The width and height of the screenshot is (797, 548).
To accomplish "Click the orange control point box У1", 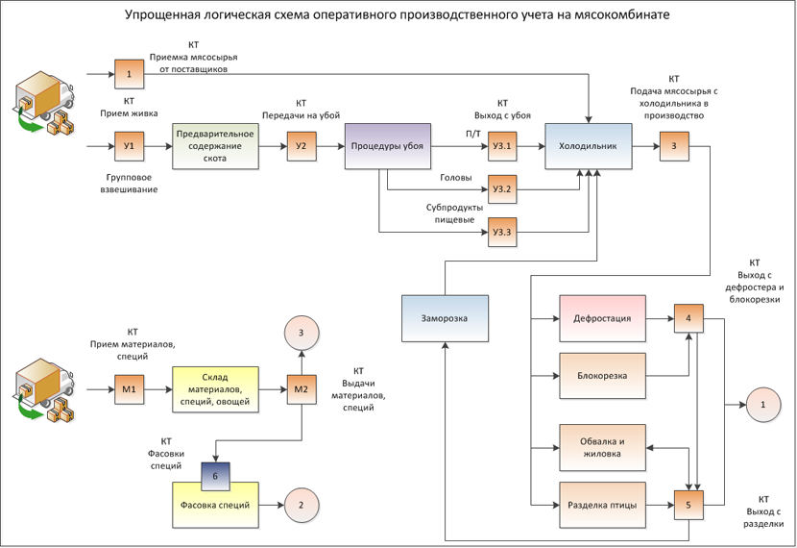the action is [x=129, y=146].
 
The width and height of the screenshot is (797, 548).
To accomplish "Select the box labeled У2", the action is [x=302, y=146].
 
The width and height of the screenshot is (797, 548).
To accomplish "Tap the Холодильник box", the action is [x=588, y=146].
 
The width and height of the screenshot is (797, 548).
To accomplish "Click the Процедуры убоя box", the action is [x=387, y=146].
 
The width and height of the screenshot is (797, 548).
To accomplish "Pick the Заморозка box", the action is [x=445, y=318].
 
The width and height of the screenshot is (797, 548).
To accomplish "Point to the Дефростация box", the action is [x=602, y=318].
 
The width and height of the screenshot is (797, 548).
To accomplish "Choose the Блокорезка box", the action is [x=602, y=376].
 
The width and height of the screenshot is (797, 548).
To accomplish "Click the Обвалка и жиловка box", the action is [x=602, y=448].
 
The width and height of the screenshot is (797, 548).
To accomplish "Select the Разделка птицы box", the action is [x=602, y=506].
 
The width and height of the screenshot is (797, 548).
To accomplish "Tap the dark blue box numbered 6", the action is [x=215, y=477].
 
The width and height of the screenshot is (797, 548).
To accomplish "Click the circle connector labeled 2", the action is [x=302, y=506].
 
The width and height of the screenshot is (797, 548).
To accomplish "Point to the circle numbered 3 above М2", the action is [x=302, y=333].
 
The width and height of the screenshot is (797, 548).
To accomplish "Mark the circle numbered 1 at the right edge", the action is [x=763, y=405].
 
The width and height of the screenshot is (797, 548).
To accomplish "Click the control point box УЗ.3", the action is [x=502, y=233].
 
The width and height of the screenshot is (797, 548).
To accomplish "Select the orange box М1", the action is [x=129, y=390].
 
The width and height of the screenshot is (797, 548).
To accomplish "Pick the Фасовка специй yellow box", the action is [x=215, y=506].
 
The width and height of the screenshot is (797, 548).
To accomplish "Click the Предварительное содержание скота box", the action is [x=215, y=146].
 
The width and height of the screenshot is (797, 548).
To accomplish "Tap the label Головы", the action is [x=456, y=178].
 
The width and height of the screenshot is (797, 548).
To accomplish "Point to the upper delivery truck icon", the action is [x=44, y=102].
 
